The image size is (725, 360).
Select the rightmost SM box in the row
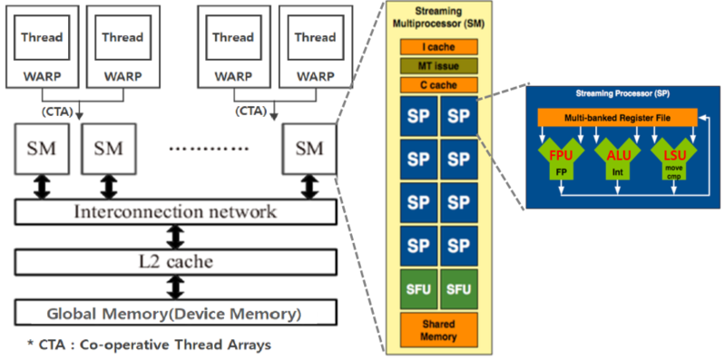coord(309,146)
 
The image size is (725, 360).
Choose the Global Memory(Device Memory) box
coord(174,315)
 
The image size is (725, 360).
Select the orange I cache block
coord(438,45)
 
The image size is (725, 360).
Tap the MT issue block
coord(438,65)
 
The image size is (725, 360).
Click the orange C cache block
coord(438,85)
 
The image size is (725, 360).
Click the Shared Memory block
coord(438,330)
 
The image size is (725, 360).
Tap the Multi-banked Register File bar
coord(617,117)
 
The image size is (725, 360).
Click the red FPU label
coord(560,156)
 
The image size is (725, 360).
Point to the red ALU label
coord(617,156)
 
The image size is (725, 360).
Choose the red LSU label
coord(674,156)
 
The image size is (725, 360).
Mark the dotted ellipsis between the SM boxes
coord(211,147)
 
